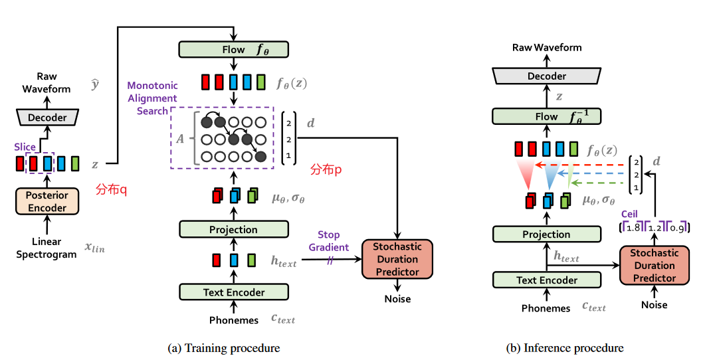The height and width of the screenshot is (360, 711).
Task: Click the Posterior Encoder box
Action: [47, 201]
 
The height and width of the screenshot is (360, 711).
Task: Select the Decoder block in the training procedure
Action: [47, 118]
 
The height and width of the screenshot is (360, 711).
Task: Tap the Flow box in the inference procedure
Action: [547, 117]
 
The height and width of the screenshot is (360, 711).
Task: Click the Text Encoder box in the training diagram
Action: [234, 292]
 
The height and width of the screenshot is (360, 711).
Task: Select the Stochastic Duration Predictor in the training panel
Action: [397, 259]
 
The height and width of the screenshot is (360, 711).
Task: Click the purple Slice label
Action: [25, 147]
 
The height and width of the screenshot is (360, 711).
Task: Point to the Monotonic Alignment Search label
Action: [152, 98]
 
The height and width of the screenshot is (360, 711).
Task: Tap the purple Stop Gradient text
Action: [329, 241]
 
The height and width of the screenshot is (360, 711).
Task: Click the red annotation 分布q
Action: [111, 189]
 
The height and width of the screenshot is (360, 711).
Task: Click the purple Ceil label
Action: [631, 214]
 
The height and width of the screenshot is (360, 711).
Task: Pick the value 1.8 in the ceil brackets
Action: [633, 228]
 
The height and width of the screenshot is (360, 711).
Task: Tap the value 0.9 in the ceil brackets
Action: [678, 228]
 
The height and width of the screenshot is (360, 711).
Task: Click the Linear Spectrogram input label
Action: [47, 248]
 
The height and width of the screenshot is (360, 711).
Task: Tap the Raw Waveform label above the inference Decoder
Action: [547, 47]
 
